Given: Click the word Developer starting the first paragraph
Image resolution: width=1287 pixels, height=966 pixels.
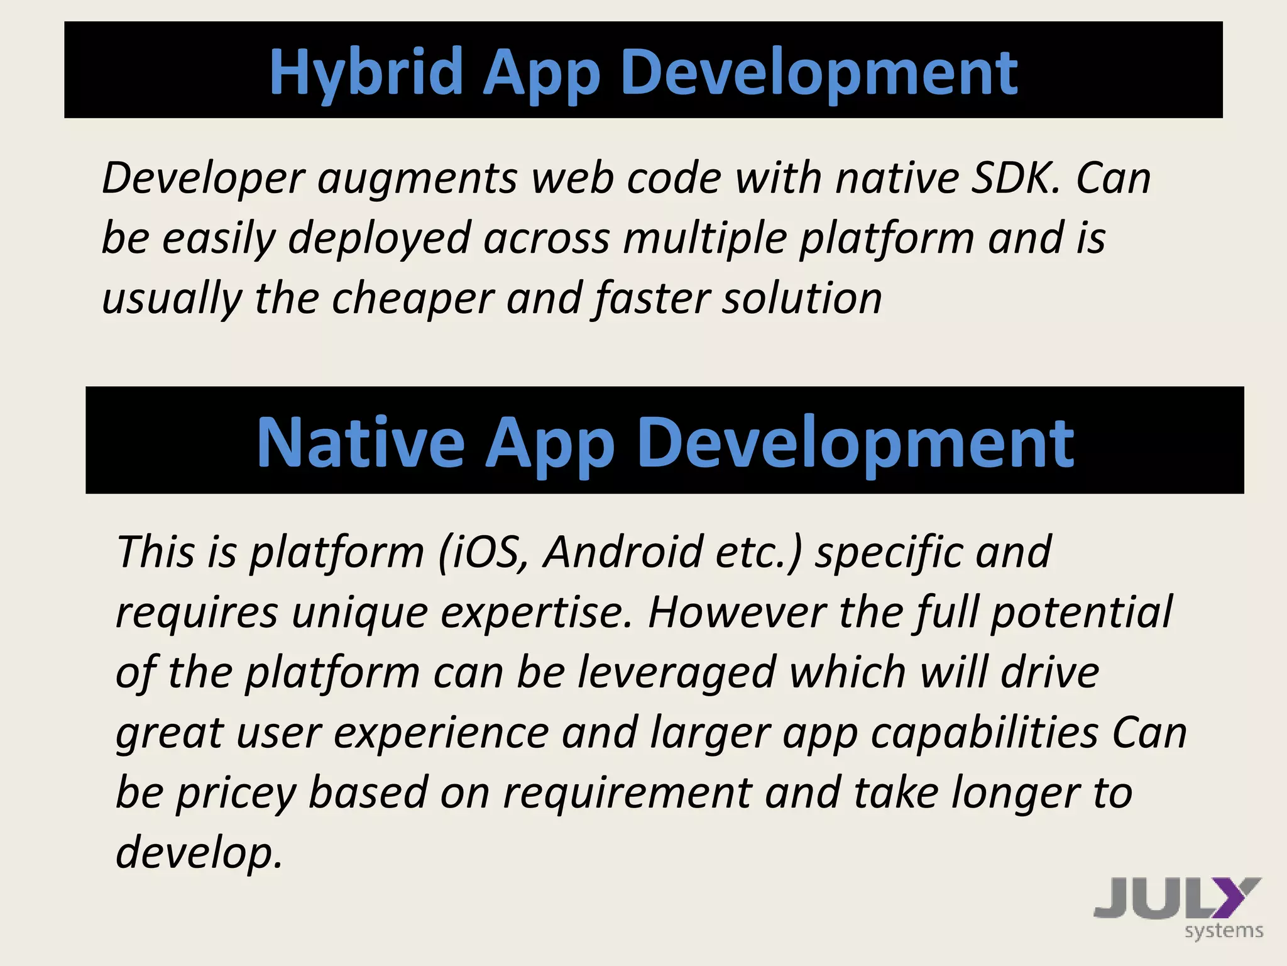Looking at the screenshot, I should tap(204, 179).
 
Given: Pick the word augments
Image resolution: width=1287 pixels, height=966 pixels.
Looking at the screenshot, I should tap(417, 179).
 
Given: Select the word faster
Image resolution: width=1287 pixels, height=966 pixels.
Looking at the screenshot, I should tap(651, 299).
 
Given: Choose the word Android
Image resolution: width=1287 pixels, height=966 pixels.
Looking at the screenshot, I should tap(623, 552).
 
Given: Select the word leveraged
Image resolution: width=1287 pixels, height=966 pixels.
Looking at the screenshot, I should tap(676, 673).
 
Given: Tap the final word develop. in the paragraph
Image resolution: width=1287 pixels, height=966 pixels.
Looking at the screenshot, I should tap(199, 853).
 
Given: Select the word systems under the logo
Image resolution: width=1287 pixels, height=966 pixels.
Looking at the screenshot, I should tap(1224, 931).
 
